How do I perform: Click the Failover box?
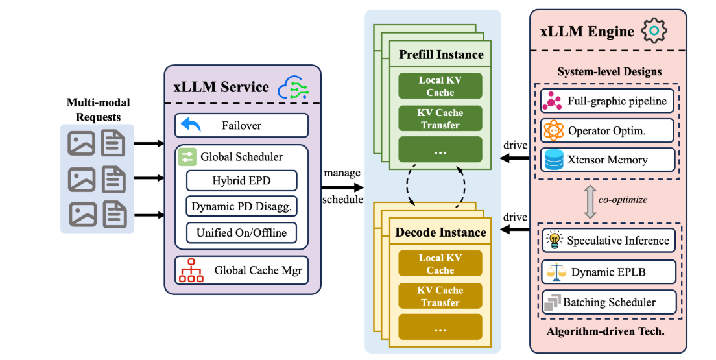point(241,126)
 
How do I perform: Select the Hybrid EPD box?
point(241,181)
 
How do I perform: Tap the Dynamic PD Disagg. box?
point(241,206)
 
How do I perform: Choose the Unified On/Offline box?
point(241,232)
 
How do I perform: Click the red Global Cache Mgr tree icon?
point(191,270)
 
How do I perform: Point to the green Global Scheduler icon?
point(187,156)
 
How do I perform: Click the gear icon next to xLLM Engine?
point(654,30)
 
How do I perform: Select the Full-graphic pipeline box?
point(607,101)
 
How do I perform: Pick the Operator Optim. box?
point(607,130)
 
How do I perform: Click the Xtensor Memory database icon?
point(554,160)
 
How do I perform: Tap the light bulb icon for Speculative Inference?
point(554,240)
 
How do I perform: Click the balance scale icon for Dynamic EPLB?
point(554,272)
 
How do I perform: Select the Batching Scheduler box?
point(607,302)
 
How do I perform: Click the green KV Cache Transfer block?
point(440,119)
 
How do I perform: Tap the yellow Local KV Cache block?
point(440,264)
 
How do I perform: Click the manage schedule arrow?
point(342,187)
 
